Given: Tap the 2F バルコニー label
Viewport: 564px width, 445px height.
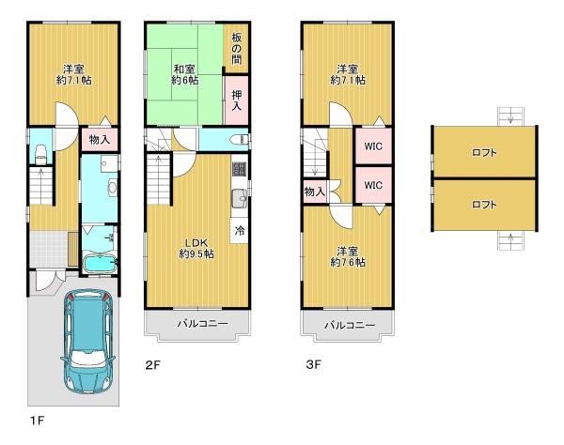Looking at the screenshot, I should click(196, 325).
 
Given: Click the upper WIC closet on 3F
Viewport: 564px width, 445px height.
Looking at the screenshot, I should click(372, 147).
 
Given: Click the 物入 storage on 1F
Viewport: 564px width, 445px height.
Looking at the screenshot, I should click(99, 140).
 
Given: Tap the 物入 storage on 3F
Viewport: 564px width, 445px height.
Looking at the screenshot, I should click(314, 192).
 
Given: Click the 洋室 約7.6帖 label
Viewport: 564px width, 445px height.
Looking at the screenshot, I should click(347, 256).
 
